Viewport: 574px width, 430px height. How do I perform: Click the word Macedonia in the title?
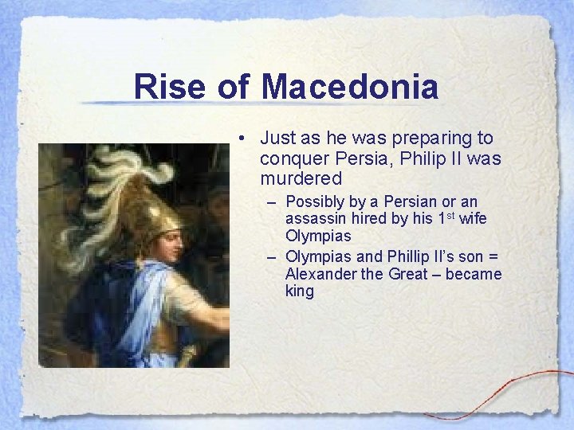click(x=349, y=86)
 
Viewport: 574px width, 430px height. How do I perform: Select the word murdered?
click(x=301, y=178)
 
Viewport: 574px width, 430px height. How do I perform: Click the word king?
click(x=300, y=291)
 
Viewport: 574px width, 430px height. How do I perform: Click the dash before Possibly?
click(x=272, y=202)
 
